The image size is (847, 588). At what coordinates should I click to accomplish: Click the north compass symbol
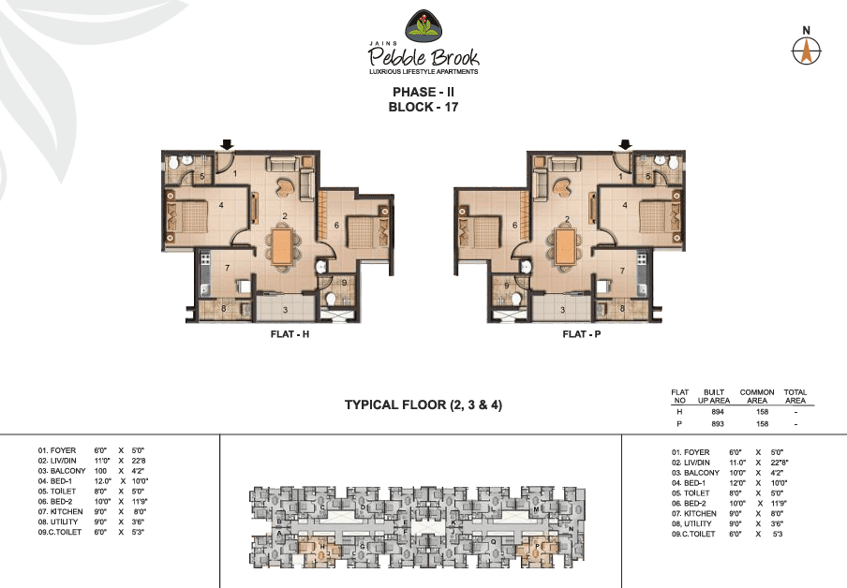point(805,51)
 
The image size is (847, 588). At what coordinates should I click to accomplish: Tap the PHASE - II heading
point(423,92)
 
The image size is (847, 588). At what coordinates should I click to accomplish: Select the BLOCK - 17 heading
point(423,107)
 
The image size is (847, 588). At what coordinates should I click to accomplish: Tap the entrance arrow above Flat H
point(226,144)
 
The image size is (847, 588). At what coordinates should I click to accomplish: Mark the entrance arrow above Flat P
point(625,144)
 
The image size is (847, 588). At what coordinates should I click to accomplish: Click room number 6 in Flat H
point(335,225)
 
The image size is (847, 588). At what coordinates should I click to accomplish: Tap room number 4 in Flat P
point(625,204)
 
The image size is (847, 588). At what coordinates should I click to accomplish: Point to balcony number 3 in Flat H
point(285,308)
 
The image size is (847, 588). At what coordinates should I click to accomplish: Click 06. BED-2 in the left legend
point(58,501)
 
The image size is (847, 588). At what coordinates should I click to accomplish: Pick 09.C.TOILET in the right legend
point(694,534)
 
